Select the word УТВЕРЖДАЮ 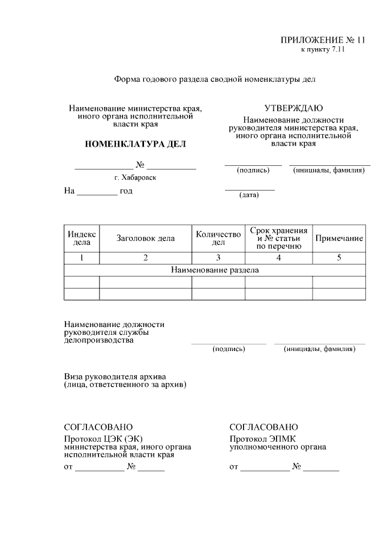294,108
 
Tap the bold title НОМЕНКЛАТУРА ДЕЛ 136,144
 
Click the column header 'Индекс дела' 82,238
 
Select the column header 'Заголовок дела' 146,238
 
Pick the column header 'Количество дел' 218,238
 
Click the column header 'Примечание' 339,239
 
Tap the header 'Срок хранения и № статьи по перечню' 278,238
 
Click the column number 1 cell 82,258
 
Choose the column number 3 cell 218,258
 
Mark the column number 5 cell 339,258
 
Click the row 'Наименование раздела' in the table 215,270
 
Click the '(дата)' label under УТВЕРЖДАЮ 249,195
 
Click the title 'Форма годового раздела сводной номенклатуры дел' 215,79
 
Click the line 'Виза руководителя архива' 115,376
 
